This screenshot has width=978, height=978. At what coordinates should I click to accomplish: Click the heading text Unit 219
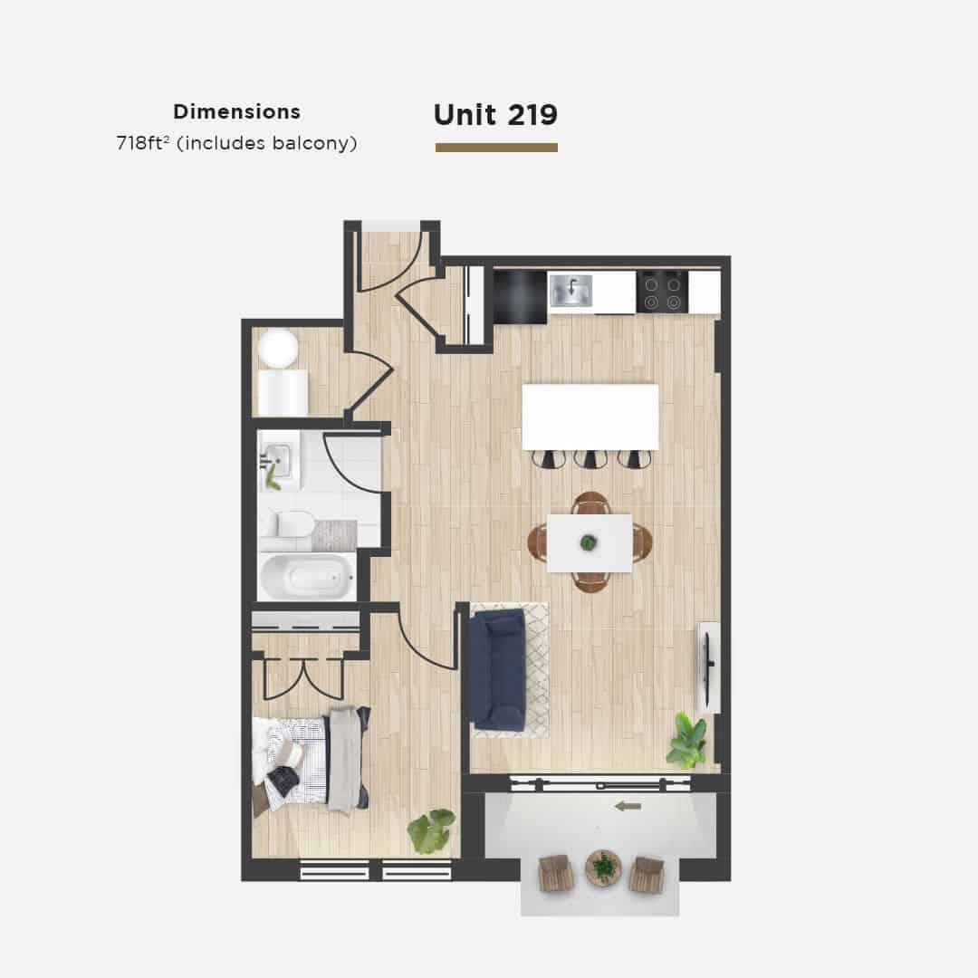[x=495, y=115]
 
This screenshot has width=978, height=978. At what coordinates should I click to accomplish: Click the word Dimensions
[x=236, y=112]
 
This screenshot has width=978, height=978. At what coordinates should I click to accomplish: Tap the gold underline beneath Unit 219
[x=496, y=148]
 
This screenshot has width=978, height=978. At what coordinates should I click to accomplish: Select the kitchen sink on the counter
[x=571, y=291]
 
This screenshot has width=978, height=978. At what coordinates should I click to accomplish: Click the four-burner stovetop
[x=662, y=292]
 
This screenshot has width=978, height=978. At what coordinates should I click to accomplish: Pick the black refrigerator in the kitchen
[x=520, y=297]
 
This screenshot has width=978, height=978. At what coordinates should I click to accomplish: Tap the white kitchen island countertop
[x=590, y=417]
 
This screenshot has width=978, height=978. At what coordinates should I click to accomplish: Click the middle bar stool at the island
[x=590, y=459]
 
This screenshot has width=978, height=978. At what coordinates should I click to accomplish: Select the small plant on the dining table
[x=589, y=542]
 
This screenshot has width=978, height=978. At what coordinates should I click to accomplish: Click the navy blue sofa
[x=498, y=670]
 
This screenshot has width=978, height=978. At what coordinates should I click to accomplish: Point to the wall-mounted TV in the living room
[x=708, y=667]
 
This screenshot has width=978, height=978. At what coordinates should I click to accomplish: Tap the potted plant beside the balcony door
[x=687, y=741]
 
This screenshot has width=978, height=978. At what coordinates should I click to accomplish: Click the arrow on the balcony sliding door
[x=627, y=805]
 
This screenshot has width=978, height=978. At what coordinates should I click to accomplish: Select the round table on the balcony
[x=603, y=868]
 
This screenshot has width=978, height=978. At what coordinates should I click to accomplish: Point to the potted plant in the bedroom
[x=431, y=830]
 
